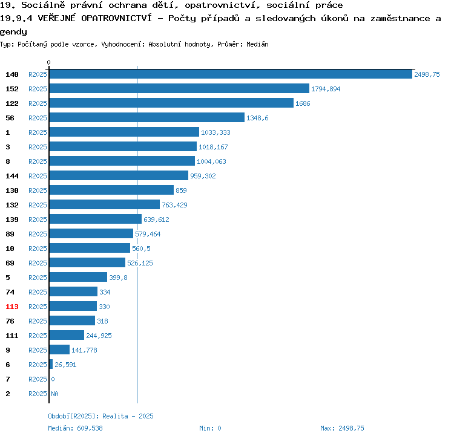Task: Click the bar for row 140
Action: click(230, 74)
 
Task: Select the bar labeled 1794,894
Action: click(179, 88)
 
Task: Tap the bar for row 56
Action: click(146, 117)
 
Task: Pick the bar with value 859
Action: click(111, 190)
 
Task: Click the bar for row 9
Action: click(59, 350)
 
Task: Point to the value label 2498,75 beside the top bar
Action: click(426, 74)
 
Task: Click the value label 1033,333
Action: click(215, 132)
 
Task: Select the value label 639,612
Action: click(156, 219)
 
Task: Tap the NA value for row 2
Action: click(54, 394)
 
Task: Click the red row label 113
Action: click(12, 307)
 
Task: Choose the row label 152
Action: click(12, 89)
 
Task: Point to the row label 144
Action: click(12, 176)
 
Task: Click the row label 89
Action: click(10, 234)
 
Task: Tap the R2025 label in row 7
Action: click(38, 379)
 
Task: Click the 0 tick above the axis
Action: click(48, 62)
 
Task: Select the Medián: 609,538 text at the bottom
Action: click(75, 428)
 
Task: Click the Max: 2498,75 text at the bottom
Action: click(342, 428)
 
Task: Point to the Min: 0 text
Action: click(210, 428)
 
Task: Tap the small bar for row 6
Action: click(51, 364)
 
